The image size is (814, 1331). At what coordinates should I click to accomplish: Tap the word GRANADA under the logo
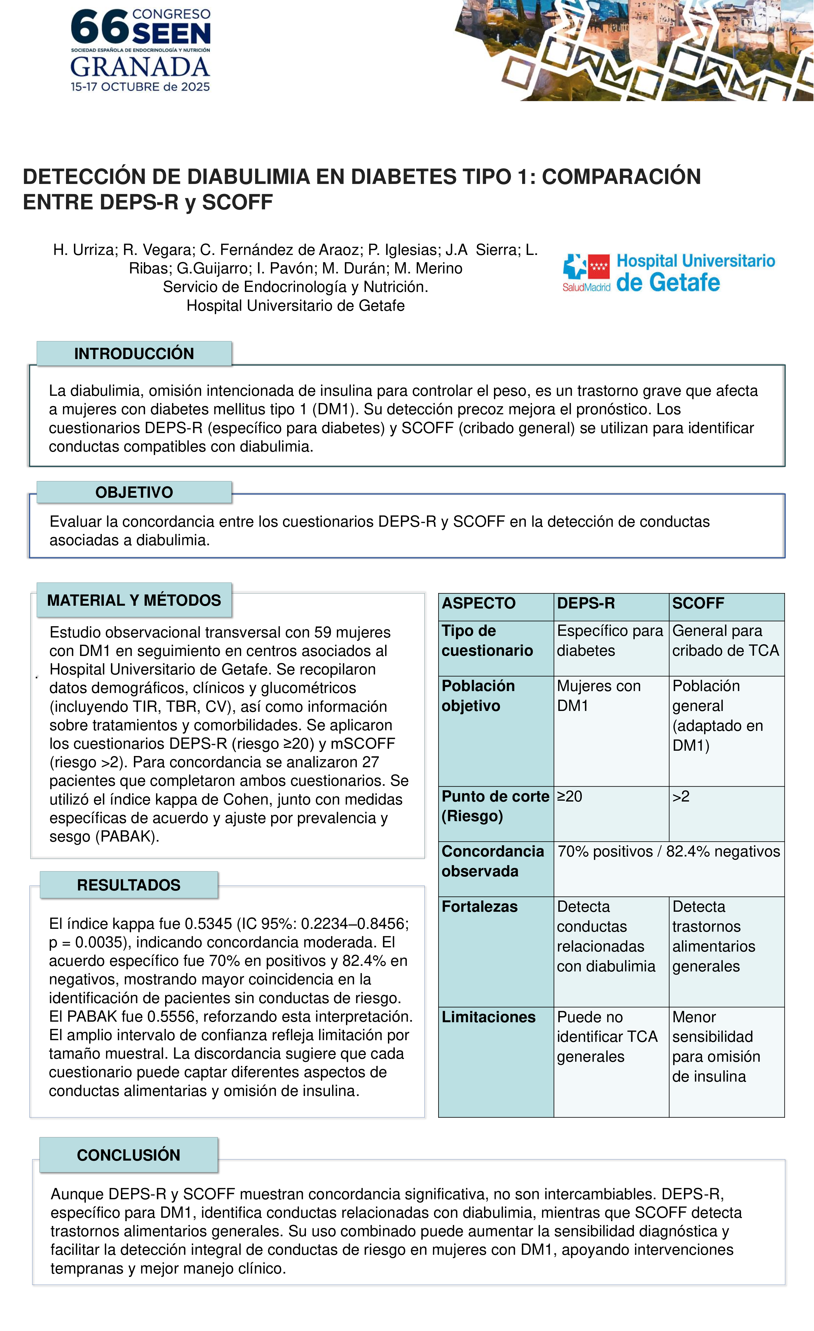click(140, 67)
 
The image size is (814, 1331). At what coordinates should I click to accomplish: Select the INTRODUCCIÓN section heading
click(134, 354)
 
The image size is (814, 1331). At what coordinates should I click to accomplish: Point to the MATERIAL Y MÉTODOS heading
click(134, 600)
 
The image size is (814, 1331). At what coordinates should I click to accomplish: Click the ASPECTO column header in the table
click(479, 603)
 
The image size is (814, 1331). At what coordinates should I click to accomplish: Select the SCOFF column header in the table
click(698, 603)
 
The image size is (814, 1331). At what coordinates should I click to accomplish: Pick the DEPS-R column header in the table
click(586, 603)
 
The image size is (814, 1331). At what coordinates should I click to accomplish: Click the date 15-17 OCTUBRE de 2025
click(140, 87)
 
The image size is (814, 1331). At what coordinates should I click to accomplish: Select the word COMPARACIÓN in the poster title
click(621, 177)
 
